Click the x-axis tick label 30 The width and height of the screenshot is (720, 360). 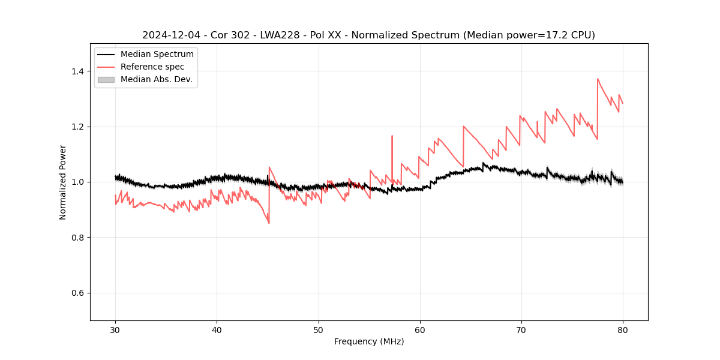[x=115, y=330]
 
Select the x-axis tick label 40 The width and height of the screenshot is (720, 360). [x=217, y=330]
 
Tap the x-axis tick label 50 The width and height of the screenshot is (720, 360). [x=319, y=330]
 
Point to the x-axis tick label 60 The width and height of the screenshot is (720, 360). [x=420, y=330]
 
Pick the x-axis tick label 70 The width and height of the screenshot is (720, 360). [x=521, y=330]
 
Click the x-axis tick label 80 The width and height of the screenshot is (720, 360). [x=623, y=330]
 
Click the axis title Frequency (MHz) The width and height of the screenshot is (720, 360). [x=369, y=341]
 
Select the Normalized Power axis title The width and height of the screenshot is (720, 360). [x=63, y=182]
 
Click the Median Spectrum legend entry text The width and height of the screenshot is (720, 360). [x=157, y=55]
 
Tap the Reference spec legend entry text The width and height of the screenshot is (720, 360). [x=152, y=67]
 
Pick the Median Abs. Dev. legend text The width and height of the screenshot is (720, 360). [x=157, y=79]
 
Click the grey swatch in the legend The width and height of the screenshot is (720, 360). [x=106, y=79]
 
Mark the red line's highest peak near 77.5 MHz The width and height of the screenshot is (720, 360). [x=598, y=79]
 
